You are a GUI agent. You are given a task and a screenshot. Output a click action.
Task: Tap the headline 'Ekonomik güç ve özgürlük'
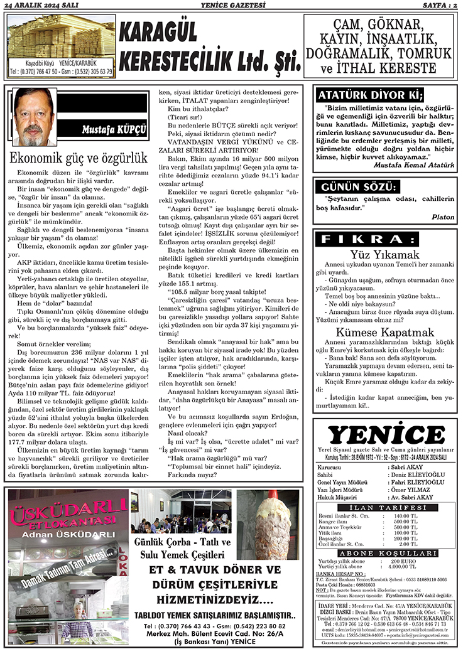pos(79,158)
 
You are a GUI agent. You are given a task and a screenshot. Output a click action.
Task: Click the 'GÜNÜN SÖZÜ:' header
pos(359,188)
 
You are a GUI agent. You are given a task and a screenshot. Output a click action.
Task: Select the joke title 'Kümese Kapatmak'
pos(384,332)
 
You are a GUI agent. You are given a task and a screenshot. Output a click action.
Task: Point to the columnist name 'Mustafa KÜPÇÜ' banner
pos(114,130)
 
